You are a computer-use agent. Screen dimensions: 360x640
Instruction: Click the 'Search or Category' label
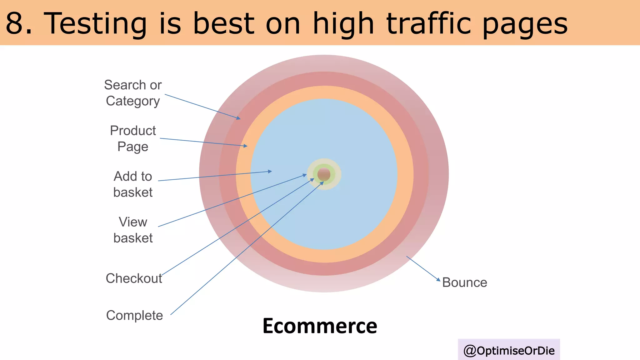tap(133, 93)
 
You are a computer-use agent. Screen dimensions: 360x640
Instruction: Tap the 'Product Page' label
tap(133, 138)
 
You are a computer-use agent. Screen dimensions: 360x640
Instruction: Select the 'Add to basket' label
tap(133, 184)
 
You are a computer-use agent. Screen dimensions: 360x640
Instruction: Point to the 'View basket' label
tap(133, 230)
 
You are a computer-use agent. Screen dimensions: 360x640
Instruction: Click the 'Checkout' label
tap(134, 278)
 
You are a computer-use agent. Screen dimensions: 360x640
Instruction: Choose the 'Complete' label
tap(134, 315)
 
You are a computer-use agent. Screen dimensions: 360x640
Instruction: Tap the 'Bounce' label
tap(465, 282)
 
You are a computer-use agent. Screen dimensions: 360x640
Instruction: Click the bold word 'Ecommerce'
tap(320, 326)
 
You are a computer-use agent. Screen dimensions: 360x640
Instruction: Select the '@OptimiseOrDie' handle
tap(509, 350)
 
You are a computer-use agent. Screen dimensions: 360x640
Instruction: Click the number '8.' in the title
tap(19, 23)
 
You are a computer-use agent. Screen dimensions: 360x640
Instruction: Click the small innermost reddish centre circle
tap(324, 174)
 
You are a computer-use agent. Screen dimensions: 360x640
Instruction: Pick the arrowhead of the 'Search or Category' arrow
tap(239, 118)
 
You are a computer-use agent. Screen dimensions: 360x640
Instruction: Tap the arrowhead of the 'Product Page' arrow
tap(246, 146)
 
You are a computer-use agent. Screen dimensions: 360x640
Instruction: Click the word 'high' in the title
tap(343, 23)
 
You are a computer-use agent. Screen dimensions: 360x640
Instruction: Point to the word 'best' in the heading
tap(223, 23)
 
